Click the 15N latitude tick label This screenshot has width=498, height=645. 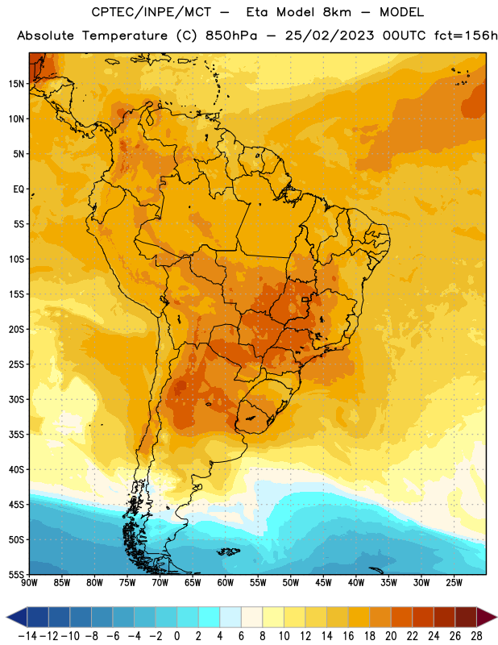(x=16, y=84)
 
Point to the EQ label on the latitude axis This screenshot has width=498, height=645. (x=19, y=189)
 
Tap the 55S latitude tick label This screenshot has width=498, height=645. (x=16, y=574)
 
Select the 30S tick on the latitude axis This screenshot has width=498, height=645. (x=16, y=399)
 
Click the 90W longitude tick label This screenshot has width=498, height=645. (x=29, y=583)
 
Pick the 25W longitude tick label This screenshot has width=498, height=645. (x=454, y=583)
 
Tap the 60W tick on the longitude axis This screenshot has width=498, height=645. (x=226, y=583)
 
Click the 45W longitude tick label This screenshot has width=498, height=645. (x=323, y=583)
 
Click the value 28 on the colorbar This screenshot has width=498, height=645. (x=476, y=636)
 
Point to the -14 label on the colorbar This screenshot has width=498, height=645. (x=27, y=636)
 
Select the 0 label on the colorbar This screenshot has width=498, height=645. (x=177, y=636)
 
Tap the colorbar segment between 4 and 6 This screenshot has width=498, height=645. (x=230, y=617)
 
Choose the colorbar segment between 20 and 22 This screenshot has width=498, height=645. (x=401, y=617)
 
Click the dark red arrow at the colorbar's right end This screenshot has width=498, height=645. (x=487, y=617)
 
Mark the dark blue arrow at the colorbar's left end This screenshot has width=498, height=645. (x=17, y=617)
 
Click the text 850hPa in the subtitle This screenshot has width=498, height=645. (x=231, y=35)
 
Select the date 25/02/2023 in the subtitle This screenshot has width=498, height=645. (x=330, y=35)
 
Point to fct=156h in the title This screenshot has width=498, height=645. (x=466, y=35)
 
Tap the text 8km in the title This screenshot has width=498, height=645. (x=337, y=12)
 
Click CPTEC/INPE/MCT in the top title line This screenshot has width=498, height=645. (x=151, y=12)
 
